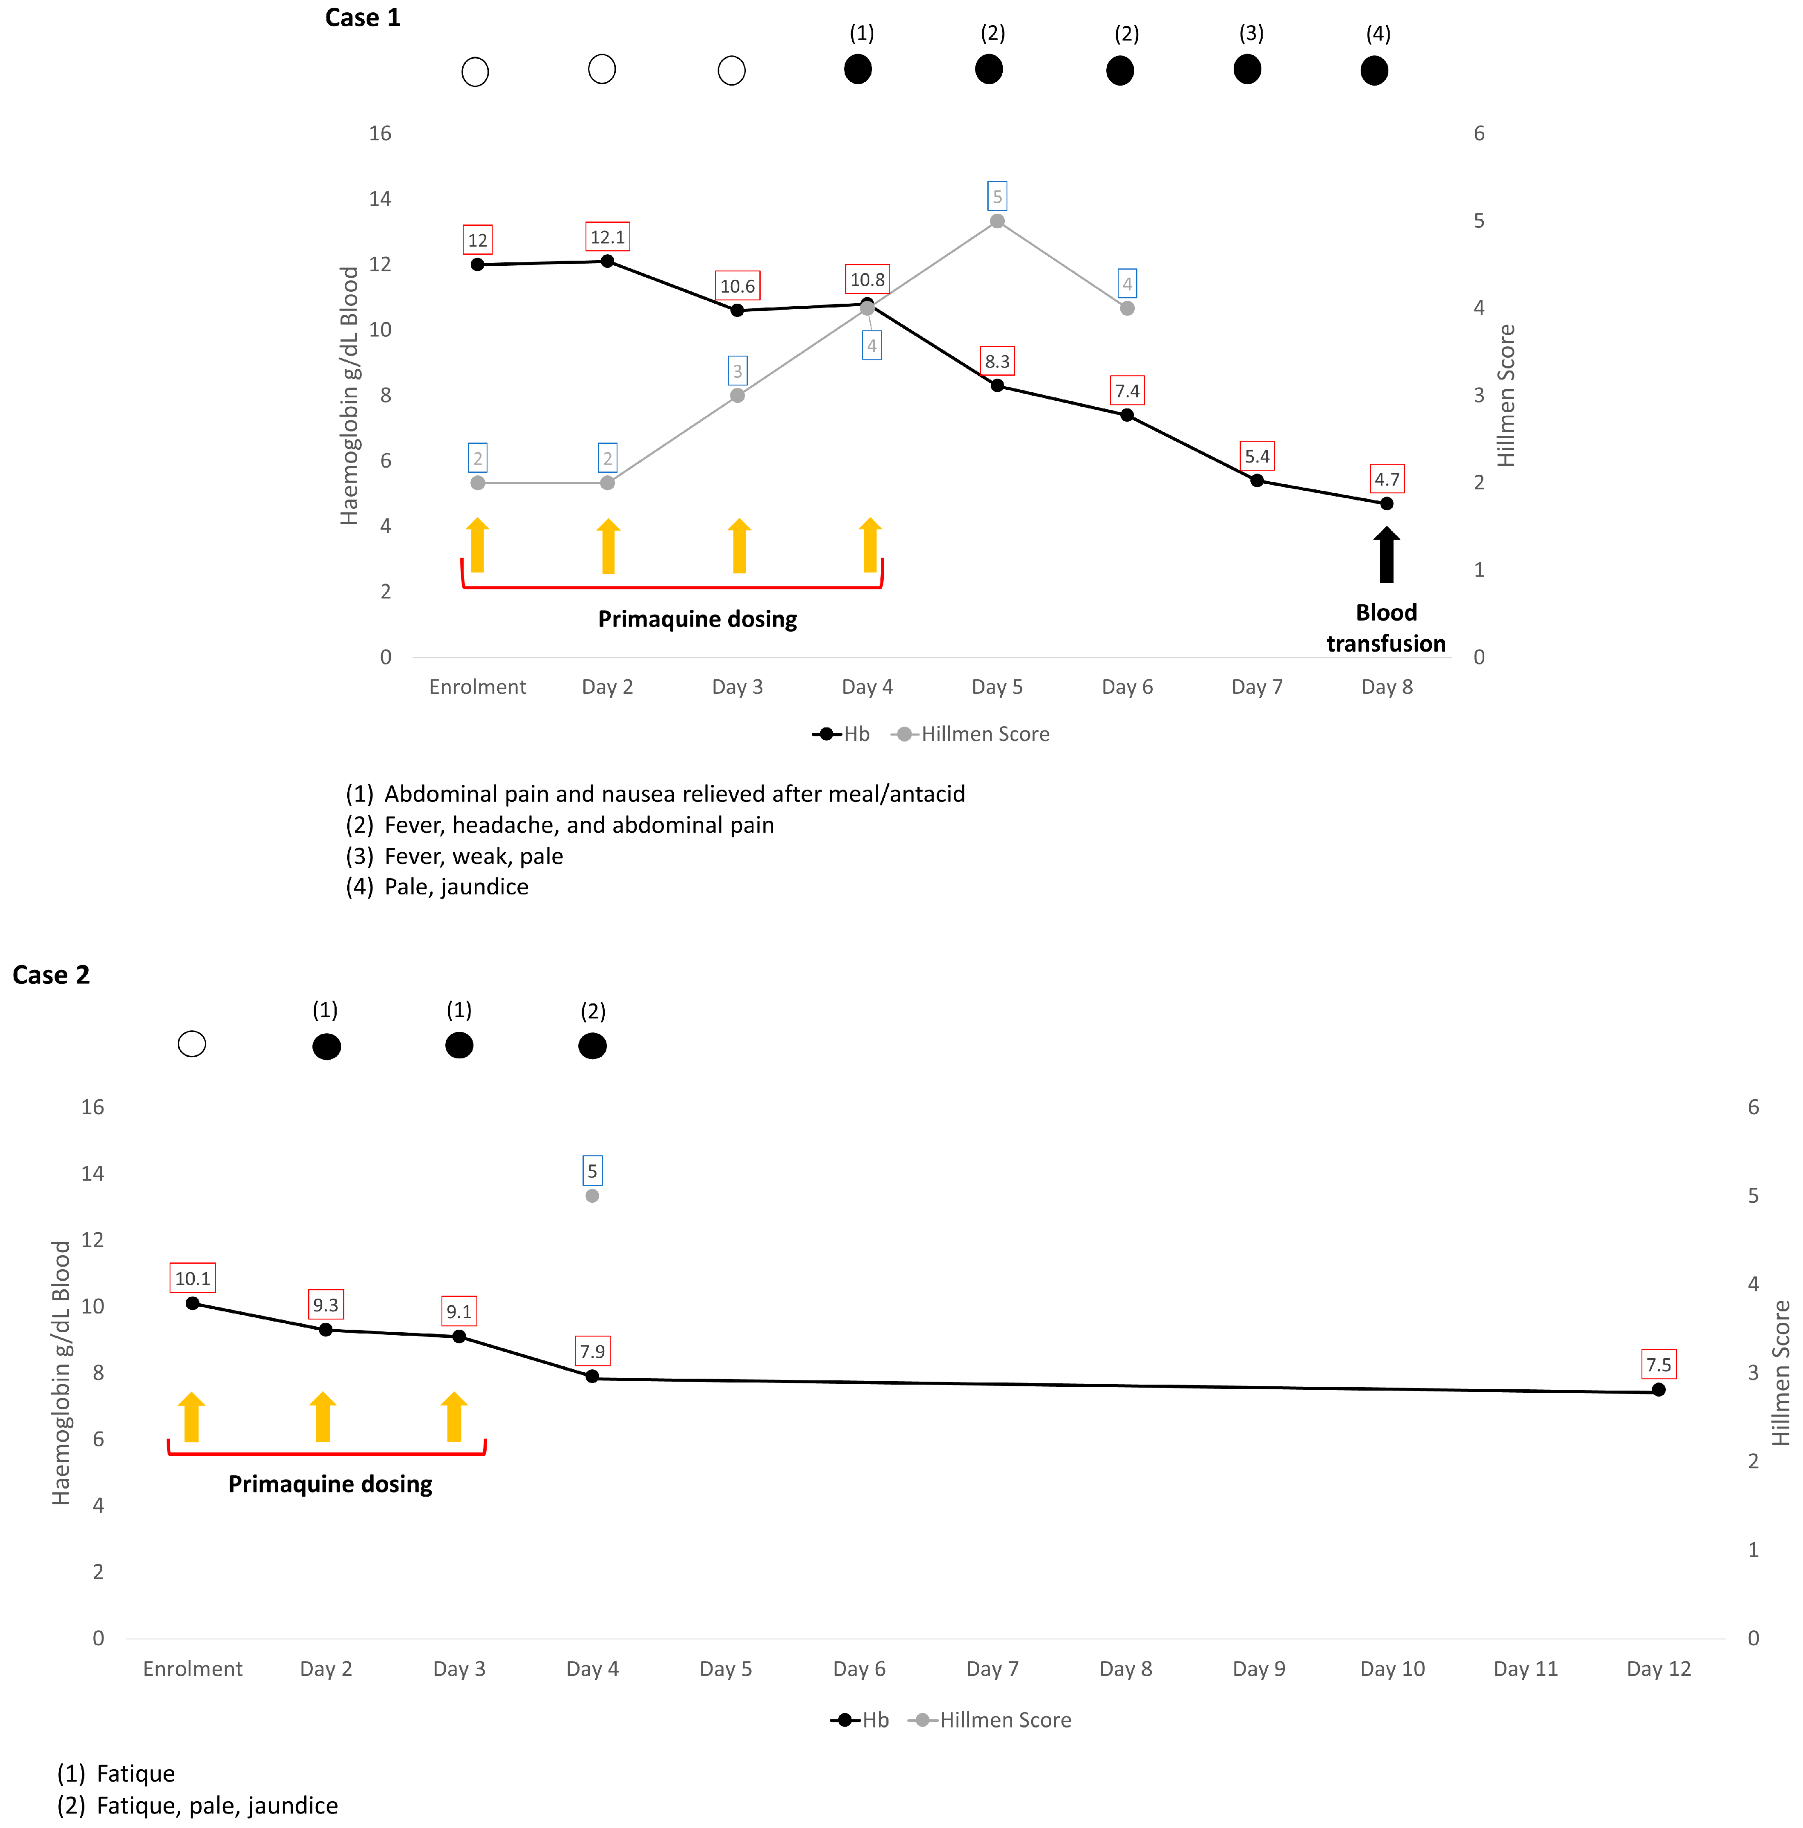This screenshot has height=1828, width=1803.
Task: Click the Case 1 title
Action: click(363, 18)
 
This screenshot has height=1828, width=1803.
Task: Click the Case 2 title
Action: click(51, 974)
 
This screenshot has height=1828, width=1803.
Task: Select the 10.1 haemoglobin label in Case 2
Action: click(192, 1278)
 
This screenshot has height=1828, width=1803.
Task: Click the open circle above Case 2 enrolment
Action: click(192, 1043)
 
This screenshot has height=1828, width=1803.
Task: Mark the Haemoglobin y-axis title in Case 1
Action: click(349, 396)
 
